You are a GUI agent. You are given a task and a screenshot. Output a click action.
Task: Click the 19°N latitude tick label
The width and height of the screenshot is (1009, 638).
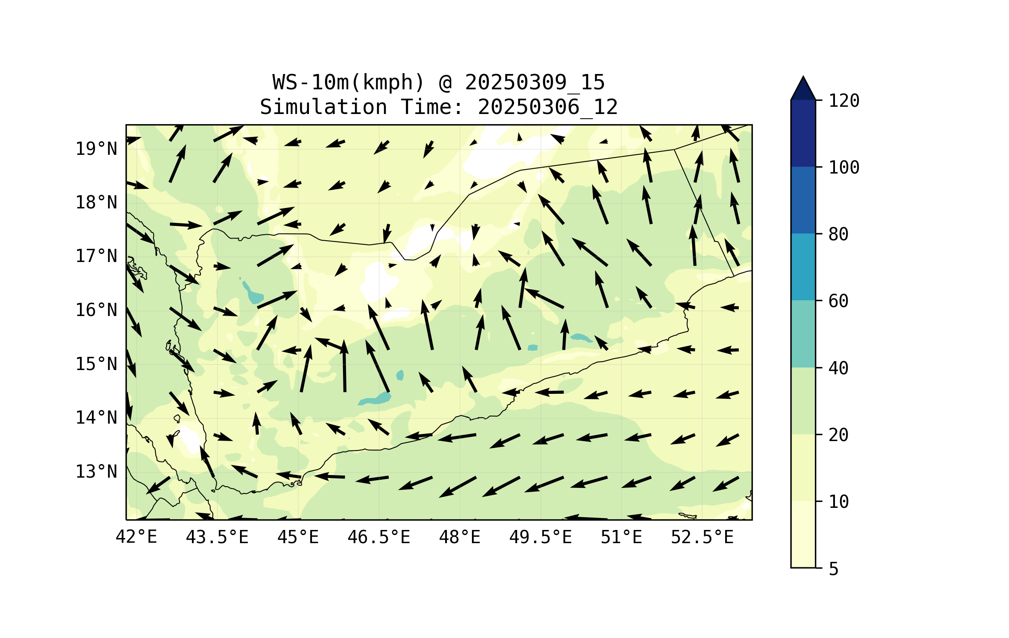pos(96,149)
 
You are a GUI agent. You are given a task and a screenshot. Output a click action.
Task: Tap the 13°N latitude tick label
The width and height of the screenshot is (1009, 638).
pos(96,472)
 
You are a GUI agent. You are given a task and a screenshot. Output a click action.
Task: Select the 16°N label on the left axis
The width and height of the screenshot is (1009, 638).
pos(96,310)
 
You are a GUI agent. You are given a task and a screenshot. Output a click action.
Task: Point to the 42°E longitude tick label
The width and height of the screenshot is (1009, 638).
pos(136,537)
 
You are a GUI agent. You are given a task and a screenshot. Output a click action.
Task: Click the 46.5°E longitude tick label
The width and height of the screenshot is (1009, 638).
pos(379,537)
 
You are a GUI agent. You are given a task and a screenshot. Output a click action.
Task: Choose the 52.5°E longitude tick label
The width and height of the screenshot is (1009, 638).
pos(702,537)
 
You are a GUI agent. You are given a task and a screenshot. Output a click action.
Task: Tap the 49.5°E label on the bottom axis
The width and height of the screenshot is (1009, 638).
pos(540,537)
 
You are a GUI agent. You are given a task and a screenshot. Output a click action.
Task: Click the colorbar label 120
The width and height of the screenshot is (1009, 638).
pos(844,101)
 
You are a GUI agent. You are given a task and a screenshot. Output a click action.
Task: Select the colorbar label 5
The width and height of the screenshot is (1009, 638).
pos(834,569)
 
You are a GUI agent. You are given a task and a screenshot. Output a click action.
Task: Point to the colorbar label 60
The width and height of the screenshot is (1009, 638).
pos(838,301)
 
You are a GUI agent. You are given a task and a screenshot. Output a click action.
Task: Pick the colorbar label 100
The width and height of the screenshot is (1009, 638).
pos(844,168)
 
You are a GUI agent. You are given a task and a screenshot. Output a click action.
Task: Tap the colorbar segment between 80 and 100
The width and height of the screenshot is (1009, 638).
pos(803,200)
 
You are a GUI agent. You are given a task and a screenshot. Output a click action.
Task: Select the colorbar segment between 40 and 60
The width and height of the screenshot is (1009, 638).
pos(803,334)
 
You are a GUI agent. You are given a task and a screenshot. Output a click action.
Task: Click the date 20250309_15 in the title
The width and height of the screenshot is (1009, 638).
pos(535,83)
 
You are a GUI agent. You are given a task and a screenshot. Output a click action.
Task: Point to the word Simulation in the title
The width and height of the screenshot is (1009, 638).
pos(323,107)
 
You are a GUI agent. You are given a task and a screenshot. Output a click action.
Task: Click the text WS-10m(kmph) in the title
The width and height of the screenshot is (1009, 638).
pos(349,83)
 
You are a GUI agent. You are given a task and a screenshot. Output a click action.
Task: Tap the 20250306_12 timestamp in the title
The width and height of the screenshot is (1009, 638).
pos(548,107)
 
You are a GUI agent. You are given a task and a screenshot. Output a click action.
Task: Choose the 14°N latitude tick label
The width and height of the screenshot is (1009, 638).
pos(96,418)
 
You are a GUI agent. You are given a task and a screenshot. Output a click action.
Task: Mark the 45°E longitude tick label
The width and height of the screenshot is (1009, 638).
pos(298,537)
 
